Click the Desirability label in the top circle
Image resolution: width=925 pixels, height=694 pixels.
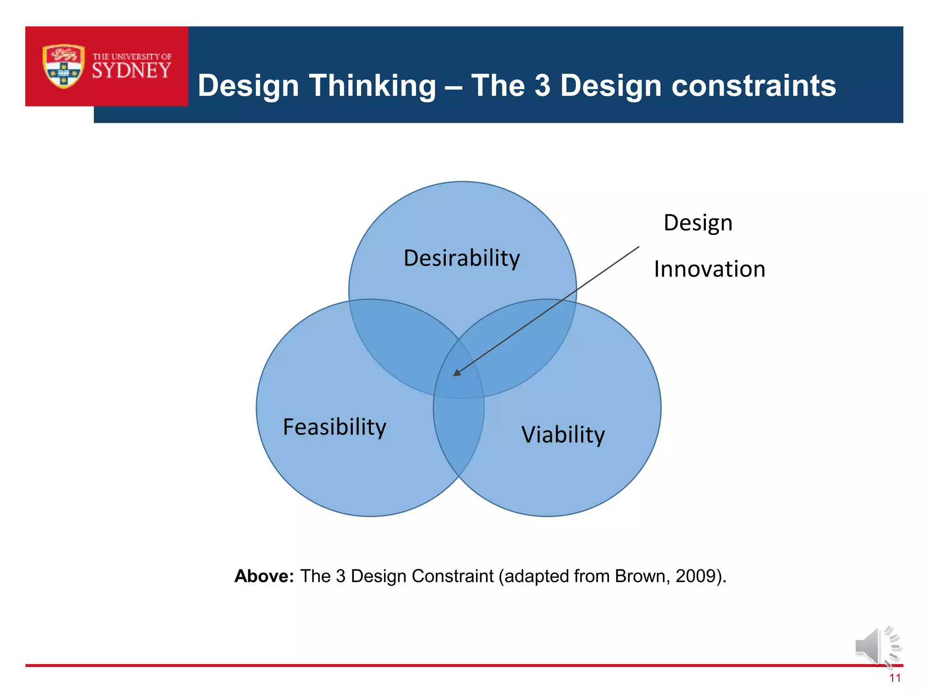(462, 258)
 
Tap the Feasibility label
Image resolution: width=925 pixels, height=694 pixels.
(334, 427)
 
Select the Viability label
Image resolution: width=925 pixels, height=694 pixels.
(563, 435)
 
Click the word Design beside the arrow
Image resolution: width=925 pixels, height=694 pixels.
(698, 223)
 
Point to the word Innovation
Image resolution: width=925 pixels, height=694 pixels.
(710, 269)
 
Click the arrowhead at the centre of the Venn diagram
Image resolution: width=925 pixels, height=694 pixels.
(457, 373)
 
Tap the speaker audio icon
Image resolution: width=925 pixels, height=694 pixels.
(876, 646)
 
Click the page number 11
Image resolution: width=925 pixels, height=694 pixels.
(895, 678)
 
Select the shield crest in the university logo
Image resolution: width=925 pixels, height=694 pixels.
(64, 66)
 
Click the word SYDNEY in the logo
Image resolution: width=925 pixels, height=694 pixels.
(131, 71)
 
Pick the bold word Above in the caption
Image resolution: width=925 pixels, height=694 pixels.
(264, 576)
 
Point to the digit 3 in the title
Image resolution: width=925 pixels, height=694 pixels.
(542, 86)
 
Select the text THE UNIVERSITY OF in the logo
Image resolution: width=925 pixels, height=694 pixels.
(132, 57)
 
